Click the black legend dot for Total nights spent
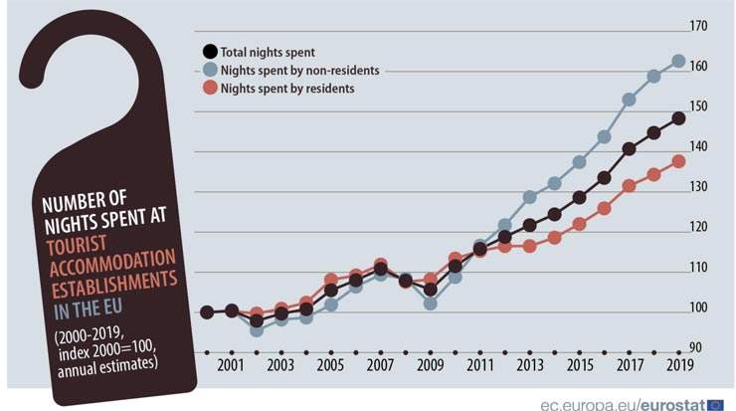209,52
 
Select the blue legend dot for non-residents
209,71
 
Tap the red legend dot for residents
209,89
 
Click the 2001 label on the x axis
231,366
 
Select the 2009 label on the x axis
430,366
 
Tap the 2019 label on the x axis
678,366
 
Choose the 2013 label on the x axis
529,366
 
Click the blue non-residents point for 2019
678,61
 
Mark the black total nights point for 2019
678,118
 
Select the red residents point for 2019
678,161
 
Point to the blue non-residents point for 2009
430,303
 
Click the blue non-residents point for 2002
257,329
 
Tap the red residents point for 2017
629,186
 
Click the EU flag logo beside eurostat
715,403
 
